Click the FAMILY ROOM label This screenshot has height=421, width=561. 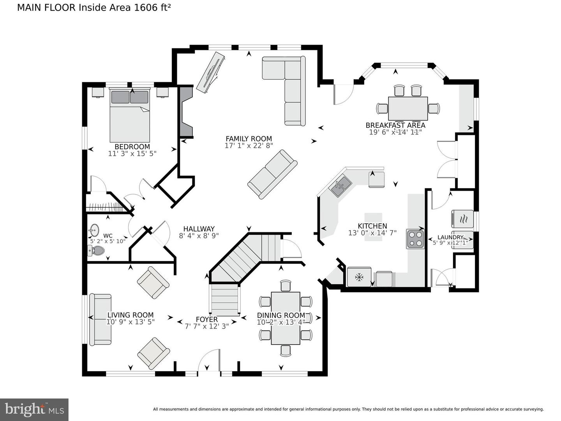(x=249, y=139)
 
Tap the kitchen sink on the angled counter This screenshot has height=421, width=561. (x=340, y=184)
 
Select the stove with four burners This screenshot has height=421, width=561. (x=415, y=239)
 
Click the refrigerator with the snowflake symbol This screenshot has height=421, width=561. (x=359, y=277)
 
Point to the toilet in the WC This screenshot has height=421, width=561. (x=97, y=251)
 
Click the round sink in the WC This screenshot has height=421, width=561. (x=94, y=230)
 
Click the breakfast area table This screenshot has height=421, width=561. (x=408, y=108)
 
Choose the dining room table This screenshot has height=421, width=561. (x=286, y=318)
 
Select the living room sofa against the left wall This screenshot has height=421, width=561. (x=100, y=320)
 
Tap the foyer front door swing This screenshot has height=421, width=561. (x=209, y=361)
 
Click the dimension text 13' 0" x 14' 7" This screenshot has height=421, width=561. (x=372, y=233)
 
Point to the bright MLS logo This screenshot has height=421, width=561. (x=34, y=409)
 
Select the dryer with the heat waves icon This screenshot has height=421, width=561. (x=462, y=219)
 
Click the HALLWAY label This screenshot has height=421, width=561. (x=199, y=229)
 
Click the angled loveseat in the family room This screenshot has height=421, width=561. (x=272, y=174)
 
